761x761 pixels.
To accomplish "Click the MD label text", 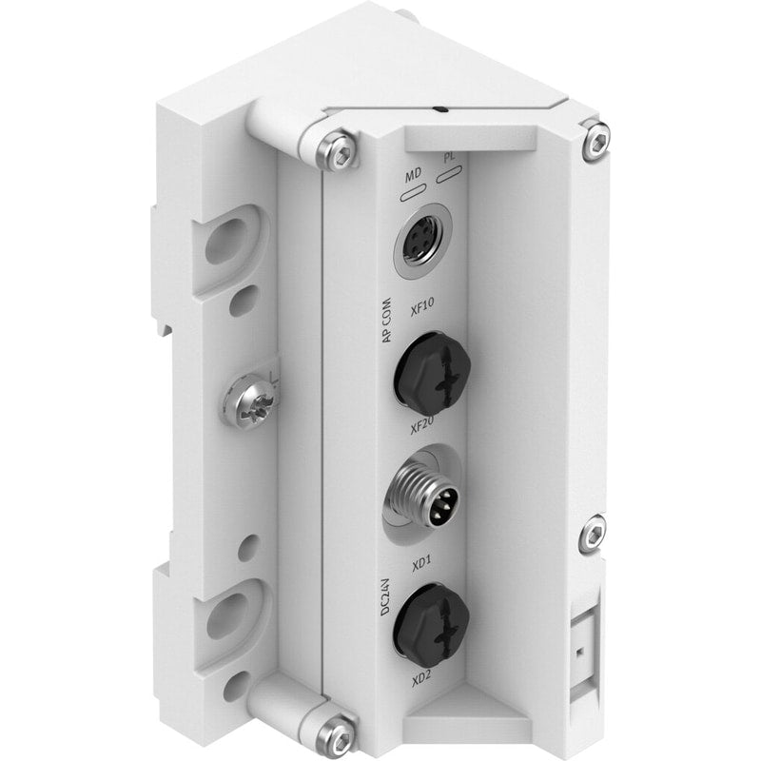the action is [413, 175].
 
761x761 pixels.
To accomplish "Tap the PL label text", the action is [448, 158].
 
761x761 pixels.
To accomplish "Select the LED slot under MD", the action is [414, 193].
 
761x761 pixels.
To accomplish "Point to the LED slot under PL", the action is [449, 174].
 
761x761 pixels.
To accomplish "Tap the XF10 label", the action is [421, 306].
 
